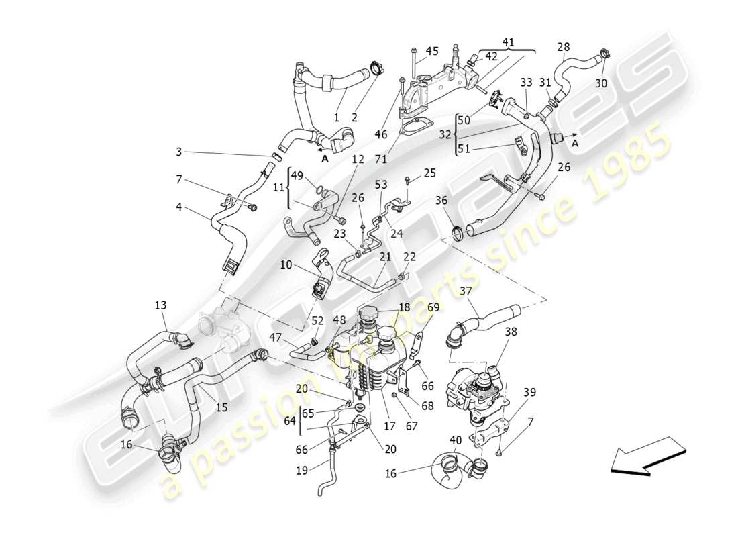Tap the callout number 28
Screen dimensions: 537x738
564,47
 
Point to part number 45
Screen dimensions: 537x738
432,52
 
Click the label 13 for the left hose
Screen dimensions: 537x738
160,305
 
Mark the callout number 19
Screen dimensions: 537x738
302,471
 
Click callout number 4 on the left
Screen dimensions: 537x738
178,207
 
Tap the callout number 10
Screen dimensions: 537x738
286,265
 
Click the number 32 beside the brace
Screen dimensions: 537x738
445,134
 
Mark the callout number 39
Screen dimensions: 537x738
530,392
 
